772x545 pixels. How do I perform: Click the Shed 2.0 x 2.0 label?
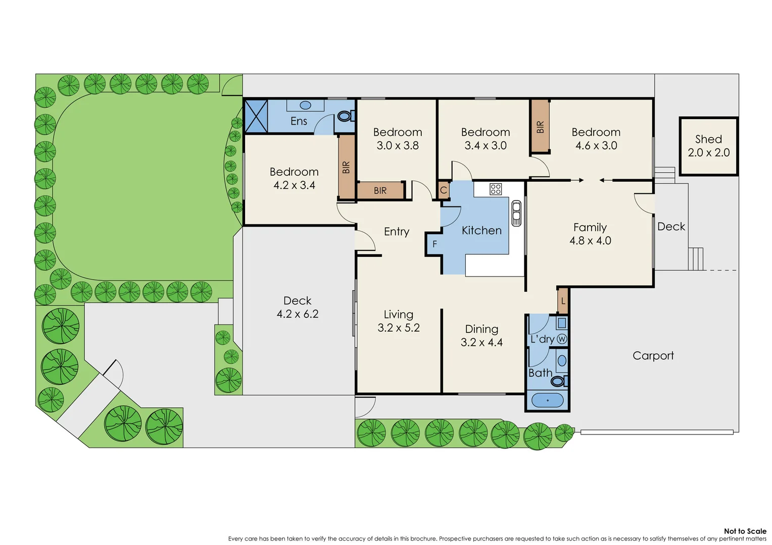click(708, 146)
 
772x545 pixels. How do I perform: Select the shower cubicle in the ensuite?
click(256, 116)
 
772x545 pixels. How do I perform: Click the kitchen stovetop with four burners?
click(496, 189)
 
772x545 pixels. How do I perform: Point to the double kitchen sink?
click(516, 213)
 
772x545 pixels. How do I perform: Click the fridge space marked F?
click(434, 244)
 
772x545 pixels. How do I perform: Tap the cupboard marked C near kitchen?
click(443, 190)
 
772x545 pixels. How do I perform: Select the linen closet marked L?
click(563, 301)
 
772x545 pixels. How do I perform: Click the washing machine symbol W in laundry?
click(561, 339)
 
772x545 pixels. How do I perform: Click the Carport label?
click(653, 356)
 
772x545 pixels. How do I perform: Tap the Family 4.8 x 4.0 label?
click(590, 234)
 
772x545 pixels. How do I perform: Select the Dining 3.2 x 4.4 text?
click(481, 336)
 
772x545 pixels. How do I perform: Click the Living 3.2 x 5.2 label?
click(399, 321)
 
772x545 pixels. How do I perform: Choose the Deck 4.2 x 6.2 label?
click(298, 307)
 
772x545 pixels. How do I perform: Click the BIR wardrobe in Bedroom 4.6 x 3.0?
click(540, 127)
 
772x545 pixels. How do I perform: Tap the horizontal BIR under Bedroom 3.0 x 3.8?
click(380, 191)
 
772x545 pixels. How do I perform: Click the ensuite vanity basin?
click(305, 105)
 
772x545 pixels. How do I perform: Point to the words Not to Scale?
click(745, 531)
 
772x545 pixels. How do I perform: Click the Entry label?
click(397, 232)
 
